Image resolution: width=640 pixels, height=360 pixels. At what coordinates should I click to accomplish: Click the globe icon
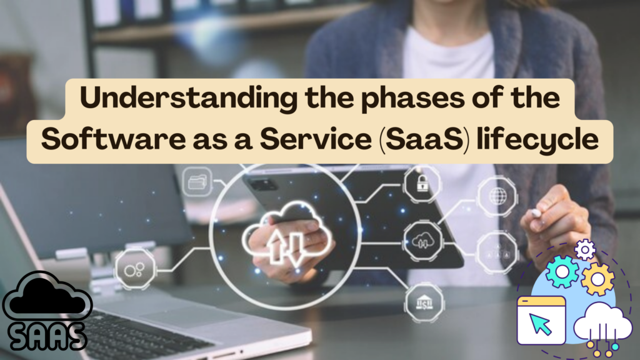(x=498, y=196)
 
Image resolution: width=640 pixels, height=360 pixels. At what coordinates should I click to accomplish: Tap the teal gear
(x=562, y=272)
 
